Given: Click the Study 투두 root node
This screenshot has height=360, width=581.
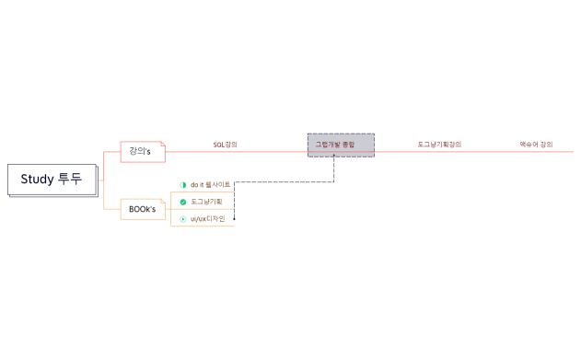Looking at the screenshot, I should (52, 180).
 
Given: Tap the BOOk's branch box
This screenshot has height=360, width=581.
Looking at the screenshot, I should (142, 209).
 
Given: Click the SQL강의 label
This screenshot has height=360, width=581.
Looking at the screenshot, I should (225, 145).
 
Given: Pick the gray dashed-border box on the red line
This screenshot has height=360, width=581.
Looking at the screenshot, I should (341, 145).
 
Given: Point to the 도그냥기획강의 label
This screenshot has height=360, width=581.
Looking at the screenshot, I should (438, 145).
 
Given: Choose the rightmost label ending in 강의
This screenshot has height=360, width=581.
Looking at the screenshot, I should (536, 145).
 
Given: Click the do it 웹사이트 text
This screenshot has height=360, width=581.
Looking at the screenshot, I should (210, 184).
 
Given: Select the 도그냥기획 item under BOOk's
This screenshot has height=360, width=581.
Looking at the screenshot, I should (206, 202).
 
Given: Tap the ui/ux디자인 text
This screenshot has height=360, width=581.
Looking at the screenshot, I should (208, 218).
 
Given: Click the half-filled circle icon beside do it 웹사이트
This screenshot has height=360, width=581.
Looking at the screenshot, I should (182, 185).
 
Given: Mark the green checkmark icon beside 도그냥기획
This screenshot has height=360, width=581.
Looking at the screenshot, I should (182, 202).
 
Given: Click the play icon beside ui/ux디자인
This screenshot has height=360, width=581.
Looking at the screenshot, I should (182, 219).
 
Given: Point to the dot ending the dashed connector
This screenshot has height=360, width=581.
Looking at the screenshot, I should (235, 219).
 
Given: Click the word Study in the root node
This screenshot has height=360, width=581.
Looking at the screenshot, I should (38, 180).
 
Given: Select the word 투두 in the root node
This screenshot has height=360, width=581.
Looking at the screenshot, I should (70, 180).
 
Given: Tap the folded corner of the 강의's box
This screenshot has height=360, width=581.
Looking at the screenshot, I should (162, 144).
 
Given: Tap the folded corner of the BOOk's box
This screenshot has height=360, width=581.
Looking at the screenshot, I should (162, 202).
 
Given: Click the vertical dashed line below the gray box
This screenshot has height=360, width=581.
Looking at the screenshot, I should (333, 169).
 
